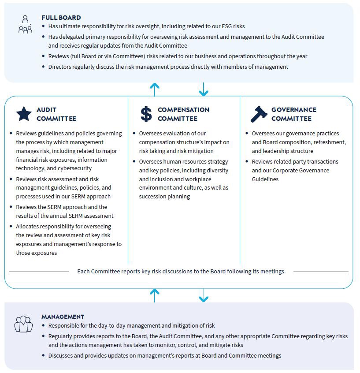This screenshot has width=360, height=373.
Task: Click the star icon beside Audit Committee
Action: coord(24,114)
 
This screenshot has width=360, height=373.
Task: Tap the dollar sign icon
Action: coord(146,114)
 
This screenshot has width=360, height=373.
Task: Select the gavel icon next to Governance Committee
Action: coord(259,114)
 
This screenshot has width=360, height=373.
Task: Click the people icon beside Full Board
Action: coord(25,25)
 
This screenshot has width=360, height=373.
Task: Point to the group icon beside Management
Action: coord(23,324)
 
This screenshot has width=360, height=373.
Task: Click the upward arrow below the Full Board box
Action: coord(154,89)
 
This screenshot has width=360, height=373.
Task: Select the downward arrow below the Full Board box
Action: coord(203,89)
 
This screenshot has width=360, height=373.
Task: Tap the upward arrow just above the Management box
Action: coord(154,295)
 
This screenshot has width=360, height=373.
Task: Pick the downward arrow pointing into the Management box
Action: coord(203,295)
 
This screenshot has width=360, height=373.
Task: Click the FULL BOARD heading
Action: coord(61,18)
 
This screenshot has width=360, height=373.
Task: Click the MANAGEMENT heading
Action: coord(63,317)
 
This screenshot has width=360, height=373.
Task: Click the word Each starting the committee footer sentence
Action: coord(84,271)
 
